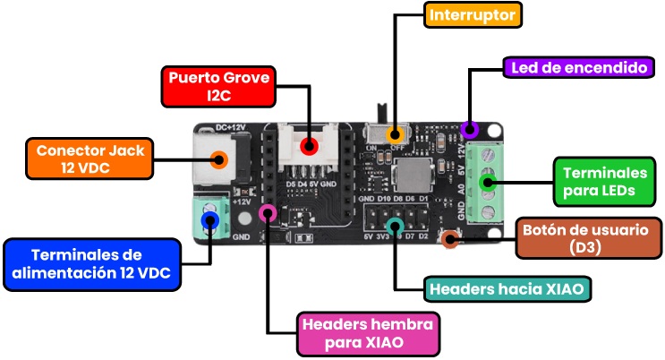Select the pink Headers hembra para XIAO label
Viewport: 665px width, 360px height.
367,332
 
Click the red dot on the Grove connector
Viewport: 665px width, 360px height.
309,147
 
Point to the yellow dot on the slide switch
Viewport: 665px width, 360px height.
394,135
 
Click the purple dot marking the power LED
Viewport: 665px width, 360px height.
468,130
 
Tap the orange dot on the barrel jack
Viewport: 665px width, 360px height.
217,160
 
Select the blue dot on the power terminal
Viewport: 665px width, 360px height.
210,221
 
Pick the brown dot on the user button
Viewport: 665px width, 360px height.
451,237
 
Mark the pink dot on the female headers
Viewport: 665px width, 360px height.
266,213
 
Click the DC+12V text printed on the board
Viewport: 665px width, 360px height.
231,128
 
